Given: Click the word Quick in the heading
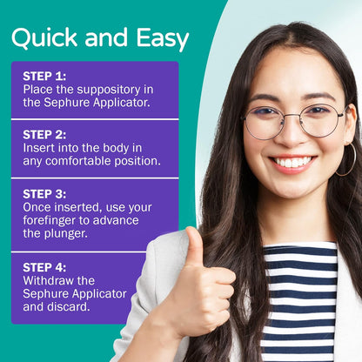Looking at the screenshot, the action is [x=44, y=37].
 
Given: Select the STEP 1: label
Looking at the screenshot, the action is [x=44, y=77].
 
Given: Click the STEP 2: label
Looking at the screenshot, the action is [x=44, y=135].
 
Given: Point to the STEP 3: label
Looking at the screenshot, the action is [x=44, y=194].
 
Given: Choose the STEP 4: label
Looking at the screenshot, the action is [x=44, y=267].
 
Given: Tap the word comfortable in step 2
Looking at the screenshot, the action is [x=78, y=161].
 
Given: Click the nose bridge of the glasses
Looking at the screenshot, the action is [x=292, y=117].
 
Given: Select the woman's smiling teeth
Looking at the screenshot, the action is [x=293, y=162].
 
